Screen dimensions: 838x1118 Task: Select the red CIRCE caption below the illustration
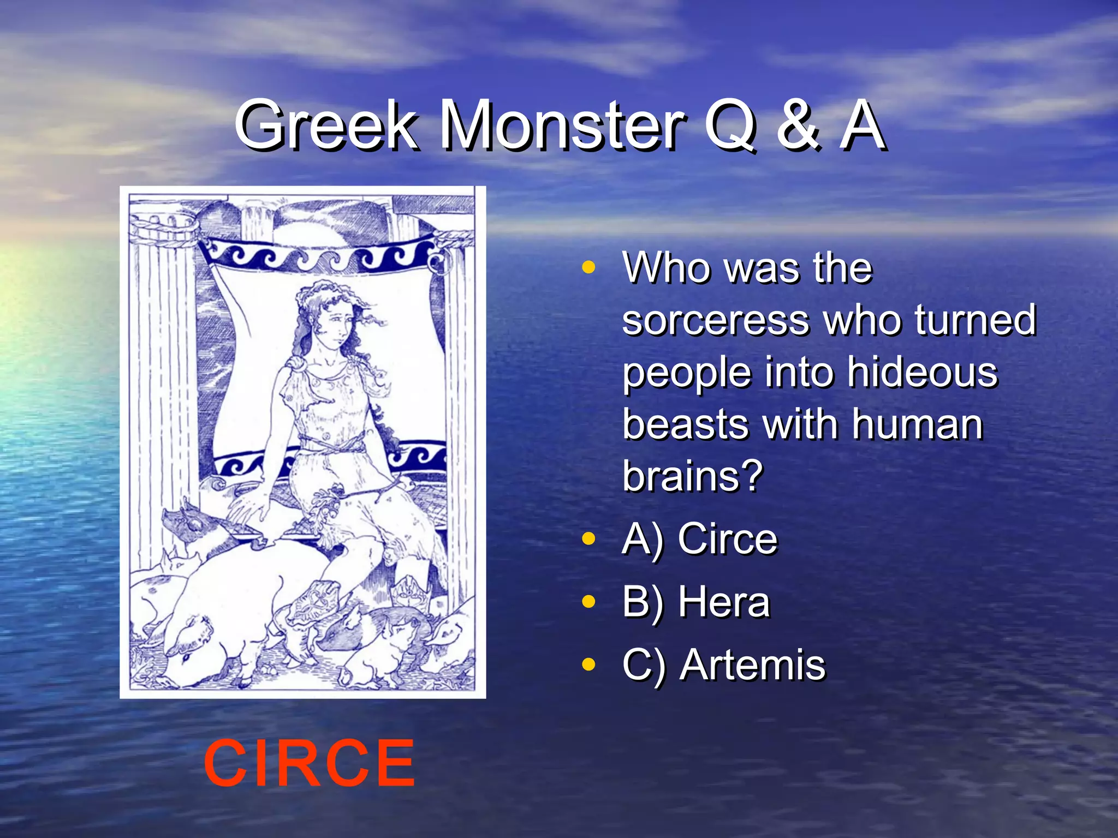coord(309,763)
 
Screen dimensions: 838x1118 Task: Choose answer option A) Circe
coord(700,539)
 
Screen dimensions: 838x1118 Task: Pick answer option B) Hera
coord(696,602)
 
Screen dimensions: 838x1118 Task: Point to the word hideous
coord(922,372)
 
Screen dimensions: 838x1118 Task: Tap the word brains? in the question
coord(693,476)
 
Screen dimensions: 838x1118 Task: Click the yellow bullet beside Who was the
coord(588,268)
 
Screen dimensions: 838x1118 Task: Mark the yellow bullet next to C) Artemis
coord(588,665)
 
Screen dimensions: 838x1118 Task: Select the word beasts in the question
coord(686,424)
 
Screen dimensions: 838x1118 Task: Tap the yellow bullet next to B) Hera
coord(588,602)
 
